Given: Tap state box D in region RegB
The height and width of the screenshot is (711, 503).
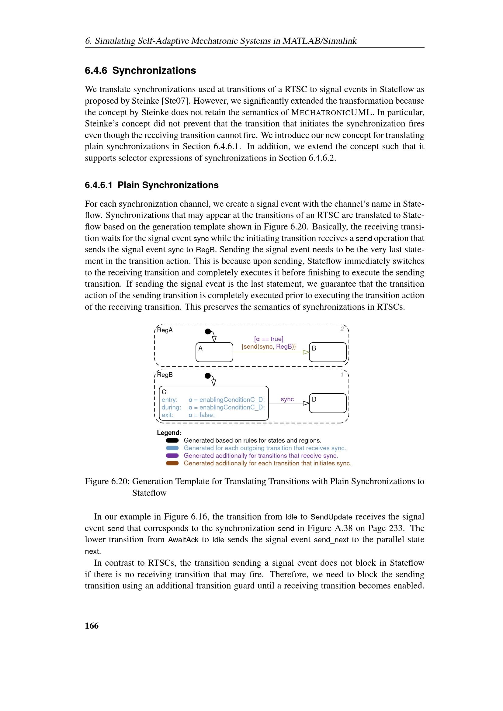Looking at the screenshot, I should point(328,403).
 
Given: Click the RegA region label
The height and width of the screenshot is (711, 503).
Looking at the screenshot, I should point(165,330).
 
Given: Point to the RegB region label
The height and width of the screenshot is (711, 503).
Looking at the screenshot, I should point(165,375).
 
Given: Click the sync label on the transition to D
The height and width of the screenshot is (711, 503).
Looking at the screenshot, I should point(287,399).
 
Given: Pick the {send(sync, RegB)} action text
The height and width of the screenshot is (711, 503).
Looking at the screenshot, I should point(269,347).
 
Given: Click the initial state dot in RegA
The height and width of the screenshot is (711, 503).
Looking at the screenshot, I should point(208,331).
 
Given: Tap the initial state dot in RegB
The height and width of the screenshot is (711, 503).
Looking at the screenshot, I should point(208,376).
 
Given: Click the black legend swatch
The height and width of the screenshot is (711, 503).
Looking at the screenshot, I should point(172,440).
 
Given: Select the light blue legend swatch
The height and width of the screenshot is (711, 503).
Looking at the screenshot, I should point(172,448).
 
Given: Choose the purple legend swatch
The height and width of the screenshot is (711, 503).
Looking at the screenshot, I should point(172,456).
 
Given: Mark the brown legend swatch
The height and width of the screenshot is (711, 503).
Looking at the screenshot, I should point(172,463).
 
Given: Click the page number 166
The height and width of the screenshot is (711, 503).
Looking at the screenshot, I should point(92,626).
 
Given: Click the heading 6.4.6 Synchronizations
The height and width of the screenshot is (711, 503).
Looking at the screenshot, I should point(140,71).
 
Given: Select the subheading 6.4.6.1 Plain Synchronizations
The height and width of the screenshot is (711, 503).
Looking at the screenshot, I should point(151,185).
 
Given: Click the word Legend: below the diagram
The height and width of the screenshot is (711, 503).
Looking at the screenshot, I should point(169,433).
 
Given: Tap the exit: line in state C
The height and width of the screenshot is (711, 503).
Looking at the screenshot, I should point(188,415).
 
